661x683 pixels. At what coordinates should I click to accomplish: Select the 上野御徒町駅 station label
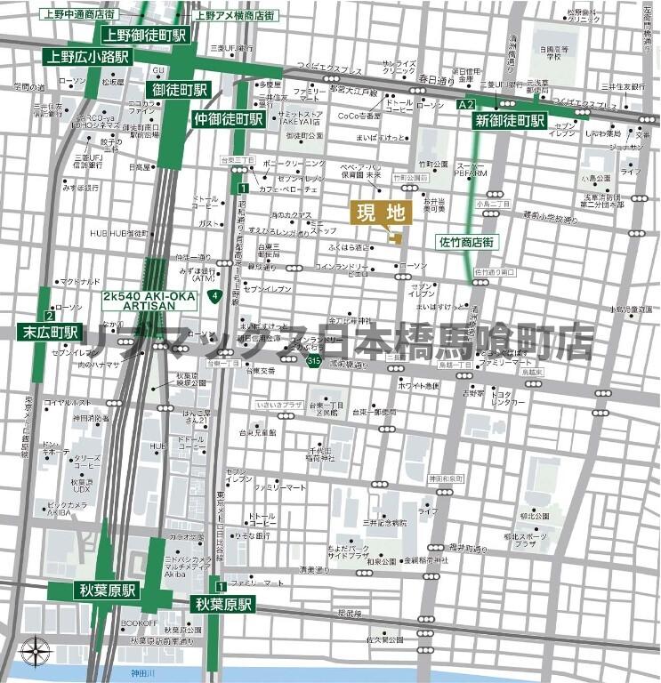pos(145,36)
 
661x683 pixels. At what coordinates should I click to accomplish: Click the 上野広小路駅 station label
pos(86,56)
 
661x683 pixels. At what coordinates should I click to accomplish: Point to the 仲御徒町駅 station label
pos(228,118)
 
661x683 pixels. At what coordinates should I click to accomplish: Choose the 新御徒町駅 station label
pos(509,120)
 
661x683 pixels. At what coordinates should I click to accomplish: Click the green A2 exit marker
pos(463,105)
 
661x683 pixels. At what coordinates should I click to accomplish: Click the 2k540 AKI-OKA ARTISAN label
pos(138,300)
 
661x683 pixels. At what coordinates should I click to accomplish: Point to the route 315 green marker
pos(313,361)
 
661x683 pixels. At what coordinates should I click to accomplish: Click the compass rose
pos(34,652)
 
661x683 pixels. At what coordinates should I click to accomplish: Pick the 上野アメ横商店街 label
pos(235,15)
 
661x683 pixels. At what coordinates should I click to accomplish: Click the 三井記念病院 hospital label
pos(384,522)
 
